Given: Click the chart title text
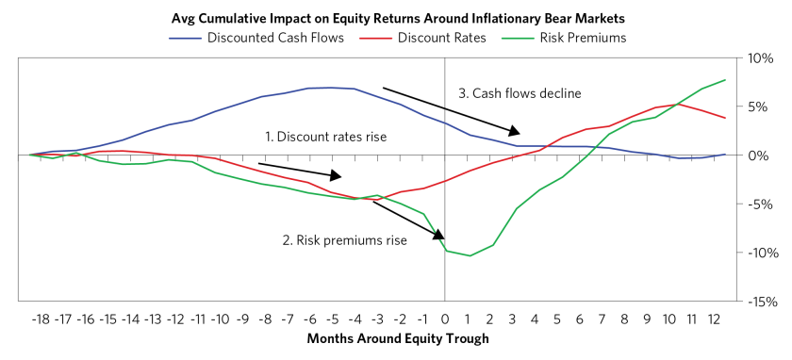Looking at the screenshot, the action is point(399,19).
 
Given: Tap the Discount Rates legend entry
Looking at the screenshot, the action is point(423,38).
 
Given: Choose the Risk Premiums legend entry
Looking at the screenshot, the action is point(565,38).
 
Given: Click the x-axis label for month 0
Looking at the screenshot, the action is point(444,320).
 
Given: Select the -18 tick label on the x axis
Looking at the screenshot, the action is point(41,320).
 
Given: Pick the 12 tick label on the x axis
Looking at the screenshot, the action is point(714,320).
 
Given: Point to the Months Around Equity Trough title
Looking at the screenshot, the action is point(398,338).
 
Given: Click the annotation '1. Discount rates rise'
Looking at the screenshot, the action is point(326,137).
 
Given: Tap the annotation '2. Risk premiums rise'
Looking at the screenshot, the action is point(345,239).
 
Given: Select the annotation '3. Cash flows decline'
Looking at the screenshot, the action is point(520,93).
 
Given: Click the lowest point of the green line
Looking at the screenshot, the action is point(470,255).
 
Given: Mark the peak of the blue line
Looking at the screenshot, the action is point(331,88).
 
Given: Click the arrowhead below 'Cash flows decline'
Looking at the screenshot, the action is point(514,131).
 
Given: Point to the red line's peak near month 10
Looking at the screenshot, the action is point(669,105).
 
